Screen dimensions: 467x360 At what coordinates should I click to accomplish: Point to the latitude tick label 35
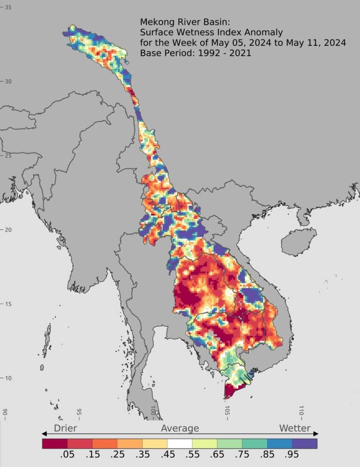tap(8, 8)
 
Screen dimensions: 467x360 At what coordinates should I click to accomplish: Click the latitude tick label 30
tap(8, 82)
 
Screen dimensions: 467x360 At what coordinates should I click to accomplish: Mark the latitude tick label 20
tap(8, 230)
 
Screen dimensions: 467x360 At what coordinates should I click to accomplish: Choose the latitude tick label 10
tap(8, 378)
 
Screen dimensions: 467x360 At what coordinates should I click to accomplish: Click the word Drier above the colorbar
tap(65, 428)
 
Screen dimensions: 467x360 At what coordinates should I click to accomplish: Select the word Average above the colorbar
tap(180, 428)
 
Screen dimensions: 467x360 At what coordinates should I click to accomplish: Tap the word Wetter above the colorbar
tap(295, 428)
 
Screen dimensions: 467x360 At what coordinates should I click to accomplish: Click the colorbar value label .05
tap(67, 455)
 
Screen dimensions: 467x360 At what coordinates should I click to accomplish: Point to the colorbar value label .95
tap(292, 455)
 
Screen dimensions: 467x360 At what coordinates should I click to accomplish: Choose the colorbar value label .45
tap(167, 455)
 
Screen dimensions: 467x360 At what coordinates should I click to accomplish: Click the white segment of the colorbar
tap(180, 443)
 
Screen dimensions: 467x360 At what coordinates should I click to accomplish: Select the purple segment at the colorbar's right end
tap(305, 443)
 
